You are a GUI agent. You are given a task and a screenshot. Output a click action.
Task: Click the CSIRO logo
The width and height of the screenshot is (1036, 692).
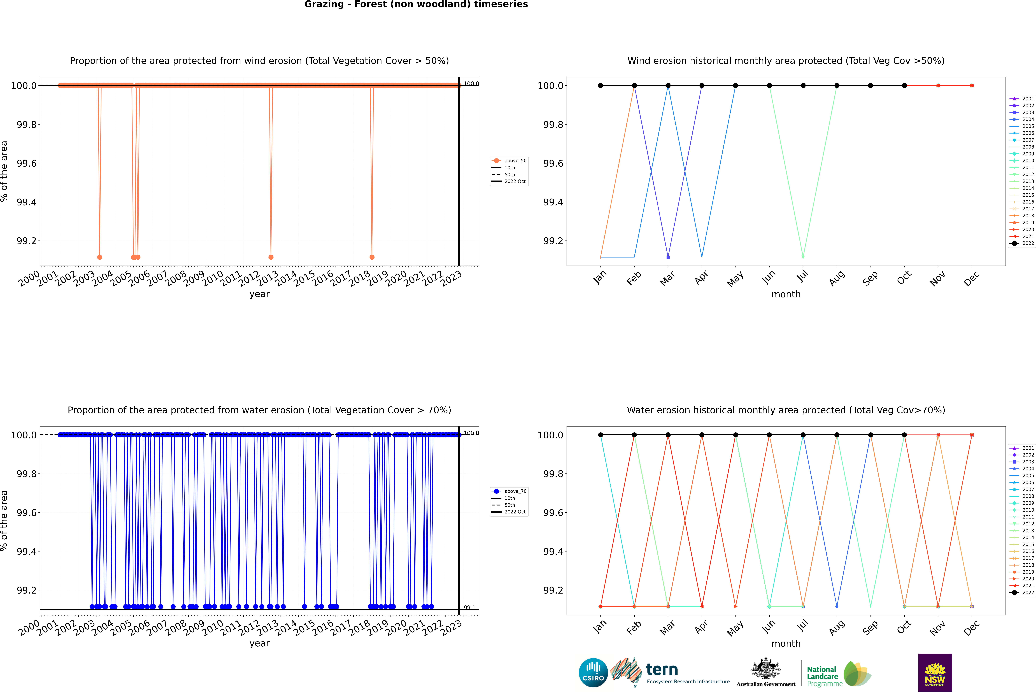pyautogui.click(x=593, y=673)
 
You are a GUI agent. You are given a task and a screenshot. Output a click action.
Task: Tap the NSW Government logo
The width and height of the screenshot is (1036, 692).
pyautogui.click(x=935, y=673)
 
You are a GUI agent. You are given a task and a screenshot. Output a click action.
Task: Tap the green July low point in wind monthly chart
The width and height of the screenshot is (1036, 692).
pyautogui.click(x=803, y=257)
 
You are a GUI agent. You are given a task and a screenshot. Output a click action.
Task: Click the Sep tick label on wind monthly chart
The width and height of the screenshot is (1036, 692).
pyautogui.click(x=870, y=279)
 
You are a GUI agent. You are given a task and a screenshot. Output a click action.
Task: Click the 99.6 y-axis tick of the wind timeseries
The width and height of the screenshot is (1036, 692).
pyautogui.click(x=26, y=163)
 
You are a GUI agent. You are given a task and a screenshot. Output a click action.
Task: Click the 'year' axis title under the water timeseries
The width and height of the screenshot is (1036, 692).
pyautogui.click(x=259, y=643)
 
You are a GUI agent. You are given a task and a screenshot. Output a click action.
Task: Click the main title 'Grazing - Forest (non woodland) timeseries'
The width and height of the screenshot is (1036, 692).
pyautogui.click(x=416, y=4)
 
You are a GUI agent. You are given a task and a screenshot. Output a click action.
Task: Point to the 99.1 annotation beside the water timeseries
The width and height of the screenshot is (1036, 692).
pyautogui.click(x=469, y=608)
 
